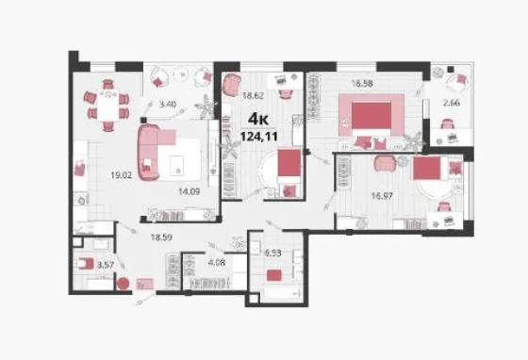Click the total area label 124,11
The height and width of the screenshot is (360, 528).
coord(259,137)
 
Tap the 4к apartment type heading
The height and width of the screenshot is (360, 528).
coord(258,119)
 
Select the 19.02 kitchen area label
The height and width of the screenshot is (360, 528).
coord(122,175)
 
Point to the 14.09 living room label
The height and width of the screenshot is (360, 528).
coord(189,191)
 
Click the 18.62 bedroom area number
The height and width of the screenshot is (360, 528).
coord(253,95)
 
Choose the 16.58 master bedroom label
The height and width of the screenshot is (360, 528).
coord(362,83)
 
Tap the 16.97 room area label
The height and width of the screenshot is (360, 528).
coord(382,195)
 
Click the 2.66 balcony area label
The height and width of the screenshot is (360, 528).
coord(452,103)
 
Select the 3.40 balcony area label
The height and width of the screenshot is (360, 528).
coord(168,105)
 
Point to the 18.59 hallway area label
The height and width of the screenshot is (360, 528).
coord(161,237)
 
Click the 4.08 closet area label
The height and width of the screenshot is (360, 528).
coord(217,262)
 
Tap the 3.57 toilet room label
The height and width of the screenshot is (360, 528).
coord(106,265)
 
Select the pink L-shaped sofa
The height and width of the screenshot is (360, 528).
coord(149,153)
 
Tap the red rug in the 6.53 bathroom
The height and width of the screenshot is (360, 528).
coord(274,275)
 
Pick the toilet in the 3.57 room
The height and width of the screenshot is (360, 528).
coord(85,264)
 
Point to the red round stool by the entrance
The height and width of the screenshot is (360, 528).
coord(123,284)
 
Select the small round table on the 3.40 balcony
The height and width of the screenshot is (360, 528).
coord(182,74)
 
